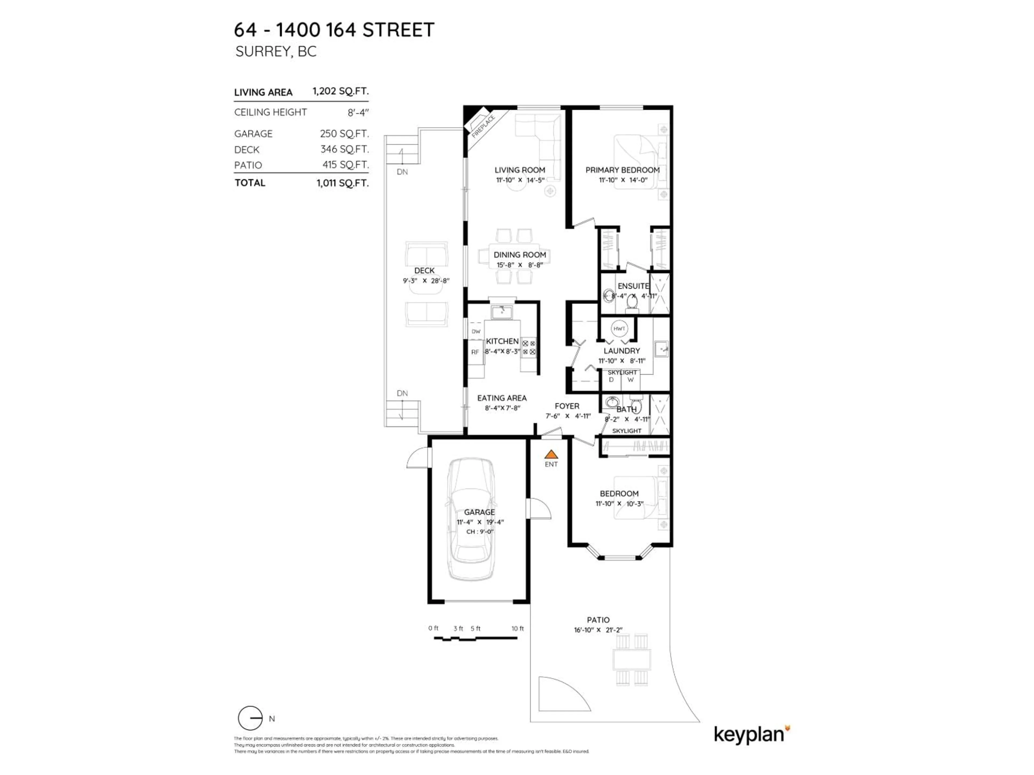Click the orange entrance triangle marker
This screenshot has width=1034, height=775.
[551, 454]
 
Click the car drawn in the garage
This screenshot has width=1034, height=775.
[471, 519]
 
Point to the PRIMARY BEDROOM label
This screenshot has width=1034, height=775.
[622, 170]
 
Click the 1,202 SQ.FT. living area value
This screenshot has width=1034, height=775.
[340, 91]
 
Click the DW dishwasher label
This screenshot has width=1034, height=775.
[476, 331]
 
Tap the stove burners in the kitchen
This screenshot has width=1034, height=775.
[529, 348]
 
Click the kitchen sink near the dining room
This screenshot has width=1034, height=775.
[502, 312]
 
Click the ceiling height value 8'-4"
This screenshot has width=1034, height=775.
[358, 112]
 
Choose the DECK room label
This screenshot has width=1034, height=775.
[424, 270]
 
